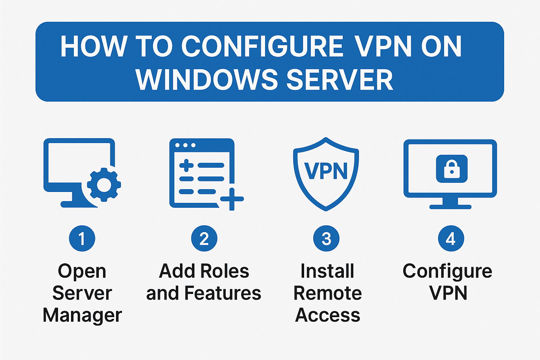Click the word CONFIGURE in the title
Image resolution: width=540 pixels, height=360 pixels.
(x=262, y=46)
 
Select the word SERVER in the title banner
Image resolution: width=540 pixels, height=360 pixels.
(x=340, y=79)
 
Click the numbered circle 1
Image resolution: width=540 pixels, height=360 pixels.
(x=82, y=239)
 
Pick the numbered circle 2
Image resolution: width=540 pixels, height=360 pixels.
(x=204, y=239)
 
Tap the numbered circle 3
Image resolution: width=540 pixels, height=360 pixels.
(x=326, y=239)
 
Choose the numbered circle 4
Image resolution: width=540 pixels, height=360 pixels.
(x=451, y=239)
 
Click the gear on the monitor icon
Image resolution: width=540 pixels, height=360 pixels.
(x=104, y=185)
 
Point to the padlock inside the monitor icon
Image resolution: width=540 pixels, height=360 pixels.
(x=452, y=169)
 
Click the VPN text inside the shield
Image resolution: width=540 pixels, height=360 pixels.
(x=326, y=171)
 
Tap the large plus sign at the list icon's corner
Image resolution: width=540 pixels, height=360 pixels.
(x=232, y=199)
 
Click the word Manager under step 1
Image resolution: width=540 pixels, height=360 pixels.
(x=82, y=315)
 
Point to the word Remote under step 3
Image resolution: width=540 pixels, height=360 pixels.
(x=327, y=293)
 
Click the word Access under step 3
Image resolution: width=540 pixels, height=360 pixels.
(x=328, y=315)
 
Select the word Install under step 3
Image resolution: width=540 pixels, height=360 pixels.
(x=327, y=271)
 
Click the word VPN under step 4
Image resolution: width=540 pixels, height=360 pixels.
(x=448, y=293)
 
